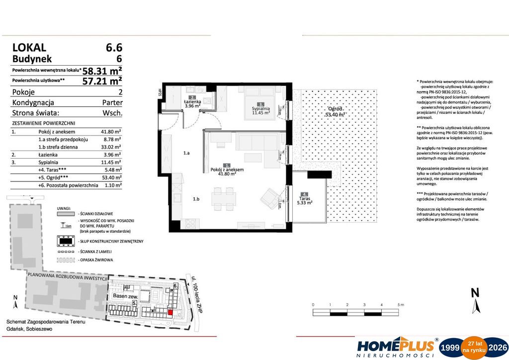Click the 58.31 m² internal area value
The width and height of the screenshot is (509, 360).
(102, 71)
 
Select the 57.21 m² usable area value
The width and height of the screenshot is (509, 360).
(102, 80)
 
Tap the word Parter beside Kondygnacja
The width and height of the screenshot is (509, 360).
(112, 102)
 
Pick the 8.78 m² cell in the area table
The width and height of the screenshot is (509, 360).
(112, 140)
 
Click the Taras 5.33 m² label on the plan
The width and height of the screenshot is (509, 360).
(304, 199)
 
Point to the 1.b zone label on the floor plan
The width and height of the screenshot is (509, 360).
(196, 199)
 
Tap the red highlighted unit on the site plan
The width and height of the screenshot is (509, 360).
(170, 312)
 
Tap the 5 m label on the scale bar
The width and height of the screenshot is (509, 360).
(400, 304)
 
